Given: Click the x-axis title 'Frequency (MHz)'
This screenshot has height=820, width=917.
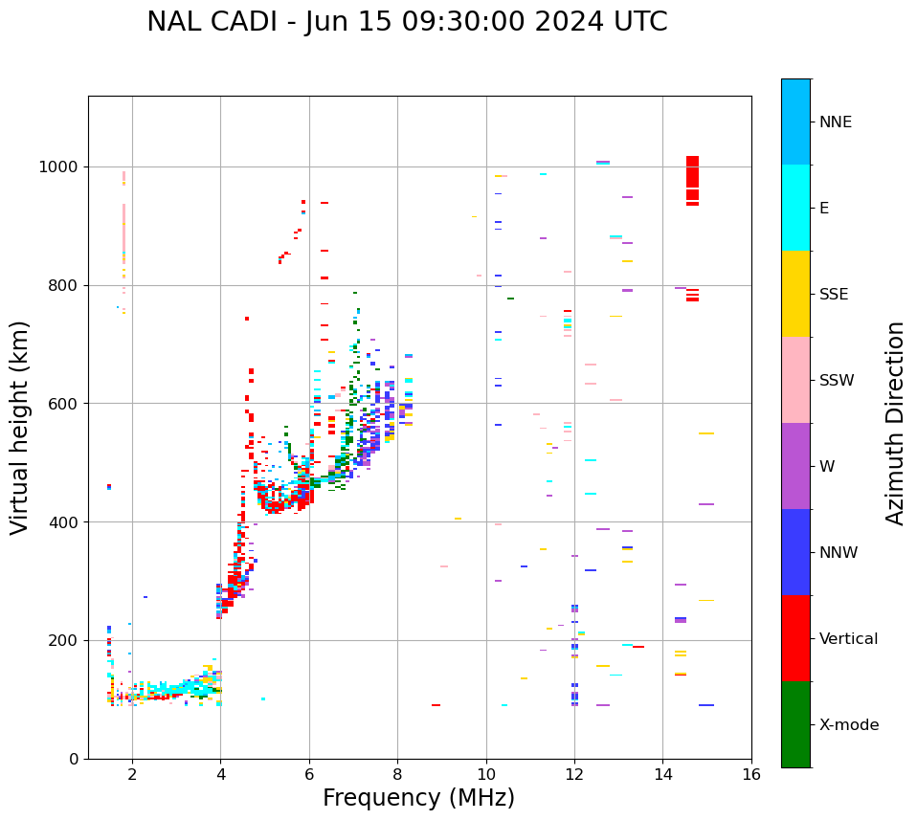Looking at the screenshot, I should [418, 798].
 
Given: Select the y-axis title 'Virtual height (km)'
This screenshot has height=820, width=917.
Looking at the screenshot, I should [20, 428].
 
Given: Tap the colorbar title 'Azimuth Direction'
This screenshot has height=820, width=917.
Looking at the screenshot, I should [895, 423].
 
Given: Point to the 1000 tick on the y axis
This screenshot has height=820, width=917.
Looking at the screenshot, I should [62, 166].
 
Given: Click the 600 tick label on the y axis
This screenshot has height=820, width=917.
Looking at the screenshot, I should [62, 404].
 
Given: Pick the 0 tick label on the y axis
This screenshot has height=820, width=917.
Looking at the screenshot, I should [73, 759].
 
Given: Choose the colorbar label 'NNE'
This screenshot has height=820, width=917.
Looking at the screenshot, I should [835, 122].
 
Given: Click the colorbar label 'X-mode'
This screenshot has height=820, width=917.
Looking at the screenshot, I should [849, 725].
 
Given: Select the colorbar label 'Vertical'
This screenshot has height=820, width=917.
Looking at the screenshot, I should [848, 639].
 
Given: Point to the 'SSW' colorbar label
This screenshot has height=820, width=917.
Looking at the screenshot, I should [837, 381].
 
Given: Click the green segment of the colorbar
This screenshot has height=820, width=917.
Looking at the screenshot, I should [795, 724].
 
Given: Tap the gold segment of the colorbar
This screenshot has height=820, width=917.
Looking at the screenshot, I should [795, 294].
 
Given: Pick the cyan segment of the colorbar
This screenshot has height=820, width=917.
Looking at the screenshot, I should [795, 208].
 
